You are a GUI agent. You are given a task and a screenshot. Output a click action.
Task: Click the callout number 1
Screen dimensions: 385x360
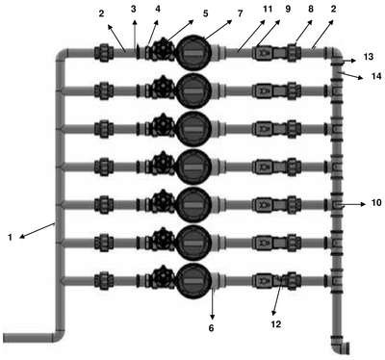point(11,238)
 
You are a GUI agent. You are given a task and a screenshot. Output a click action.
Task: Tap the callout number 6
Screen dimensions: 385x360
point(211,328)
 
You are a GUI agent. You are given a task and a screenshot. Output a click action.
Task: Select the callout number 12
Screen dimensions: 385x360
point(276,324)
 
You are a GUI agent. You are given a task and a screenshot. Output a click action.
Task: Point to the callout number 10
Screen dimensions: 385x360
point(376,203)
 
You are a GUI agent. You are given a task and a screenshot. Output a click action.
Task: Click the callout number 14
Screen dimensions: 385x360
point(376,76)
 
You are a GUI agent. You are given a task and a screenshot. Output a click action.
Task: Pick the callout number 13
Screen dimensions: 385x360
point(369,57)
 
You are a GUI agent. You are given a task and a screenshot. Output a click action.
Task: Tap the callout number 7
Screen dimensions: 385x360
point(240,13)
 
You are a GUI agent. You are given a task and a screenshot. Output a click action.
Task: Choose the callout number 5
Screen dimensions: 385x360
point(205,13)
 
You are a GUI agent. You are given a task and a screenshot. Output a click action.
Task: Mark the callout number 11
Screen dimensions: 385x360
point(268,9)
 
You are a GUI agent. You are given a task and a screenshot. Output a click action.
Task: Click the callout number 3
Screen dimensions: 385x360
point(134,9)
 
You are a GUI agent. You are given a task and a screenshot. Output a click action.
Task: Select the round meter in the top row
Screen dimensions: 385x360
point(193,53)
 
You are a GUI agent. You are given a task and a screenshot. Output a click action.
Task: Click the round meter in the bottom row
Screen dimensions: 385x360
point(193,281)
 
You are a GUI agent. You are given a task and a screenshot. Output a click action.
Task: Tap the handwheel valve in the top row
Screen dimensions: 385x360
point(163,50)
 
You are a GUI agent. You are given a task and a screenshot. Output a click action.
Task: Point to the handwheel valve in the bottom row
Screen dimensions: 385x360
point(163,277)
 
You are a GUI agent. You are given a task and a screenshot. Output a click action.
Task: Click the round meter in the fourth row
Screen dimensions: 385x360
point(193,167)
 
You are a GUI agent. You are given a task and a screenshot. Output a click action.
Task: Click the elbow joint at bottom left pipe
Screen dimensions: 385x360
point(58,335)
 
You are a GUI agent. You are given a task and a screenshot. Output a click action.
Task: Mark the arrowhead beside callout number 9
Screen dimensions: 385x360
point(278,22)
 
